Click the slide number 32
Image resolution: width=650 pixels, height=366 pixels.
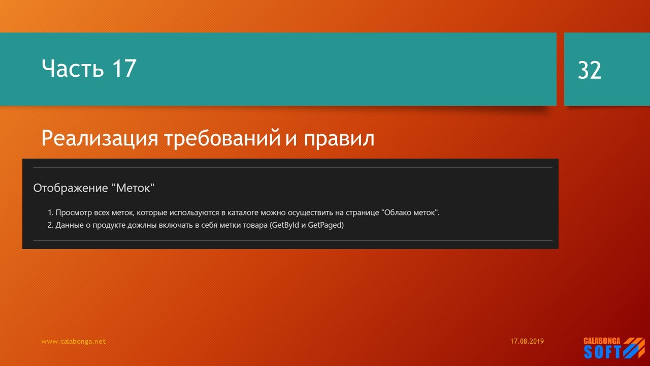pyautogui.click(x=590, y=71)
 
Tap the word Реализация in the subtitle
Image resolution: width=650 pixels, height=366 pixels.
pyautogui.click(x=100, y=138)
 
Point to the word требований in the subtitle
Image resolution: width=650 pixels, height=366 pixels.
pyautogui.click(x=222, y=138)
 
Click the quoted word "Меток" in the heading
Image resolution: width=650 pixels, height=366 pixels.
pyautogui.click(x=132, y=188)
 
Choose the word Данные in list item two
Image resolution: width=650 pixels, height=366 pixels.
pyautogui.click(x=69, y=225)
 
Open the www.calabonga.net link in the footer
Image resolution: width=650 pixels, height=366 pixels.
pyautogui.click(x=73, y=342)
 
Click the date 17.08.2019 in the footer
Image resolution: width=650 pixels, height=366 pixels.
pyautogui.click(x=527, y=342)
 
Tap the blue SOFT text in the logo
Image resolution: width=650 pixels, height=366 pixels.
pyautogui.click(x=602, y=352)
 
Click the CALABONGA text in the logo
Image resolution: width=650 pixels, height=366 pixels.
pyautogui.click(x=602, y=341)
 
